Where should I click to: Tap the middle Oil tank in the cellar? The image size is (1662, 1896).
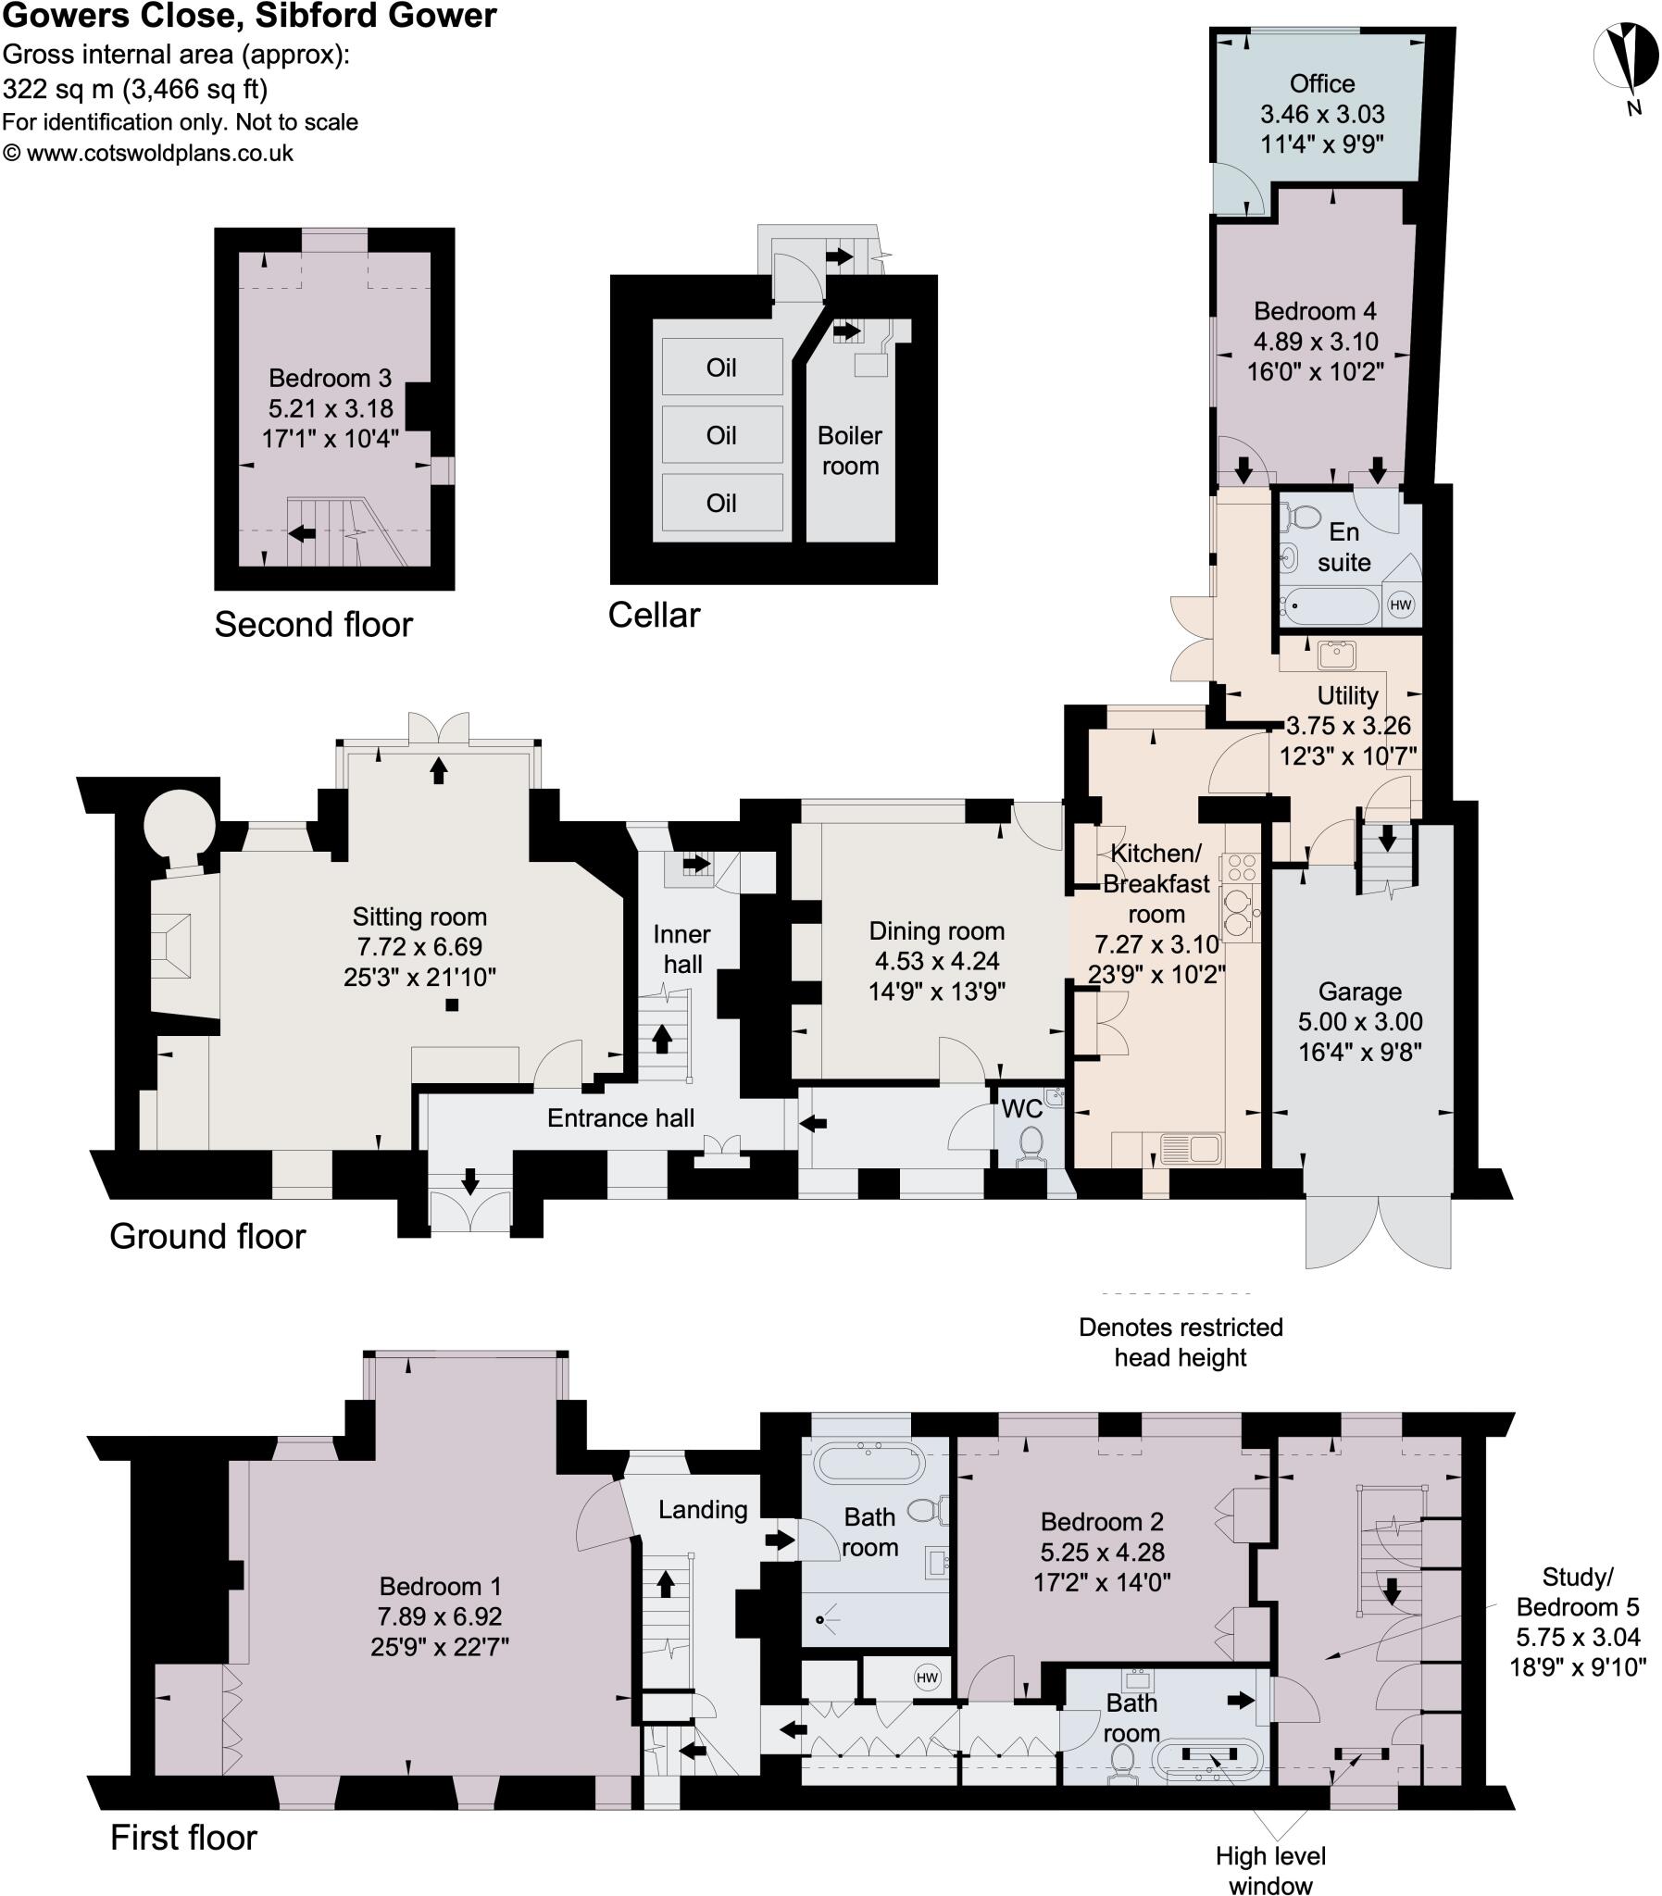(721, 435)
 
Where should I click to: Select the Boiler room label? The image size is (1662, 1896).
(850, 451)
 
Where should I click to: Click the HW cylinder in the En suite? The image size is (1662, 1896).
(1400, 605)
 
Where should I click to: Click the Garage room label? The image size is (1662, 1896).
(1359, 992)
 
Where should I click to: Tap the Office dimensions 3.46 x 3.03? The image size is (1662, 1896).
(1321, 114)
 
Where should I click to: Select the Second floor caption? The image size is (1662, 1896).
(313, 624)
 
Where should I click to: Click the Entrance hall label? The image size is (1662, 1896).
(620, 1118)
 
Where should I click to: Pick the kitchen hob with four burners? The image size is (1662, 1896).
(1241, 867)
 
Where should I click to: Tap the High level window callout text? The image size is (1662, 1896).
(1270, 1870)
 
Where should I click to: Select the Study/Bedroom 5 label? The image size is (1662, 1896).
(1577, 1592)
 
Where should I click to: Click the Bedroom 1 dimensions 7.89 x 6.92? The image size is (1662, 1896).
(439, 1616)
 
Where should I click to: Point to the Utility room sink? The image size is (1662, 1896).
(1336, 655)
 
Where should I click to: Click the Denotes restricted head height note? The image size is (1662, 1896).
(1180, 1341)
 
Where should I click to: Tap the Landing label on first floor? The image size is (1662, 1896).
(702, 1509)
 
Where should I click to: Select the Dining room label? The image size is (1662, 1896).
(936, 930)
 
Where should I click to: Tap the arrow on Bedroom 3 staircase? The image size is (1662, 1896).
(302, 533)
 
